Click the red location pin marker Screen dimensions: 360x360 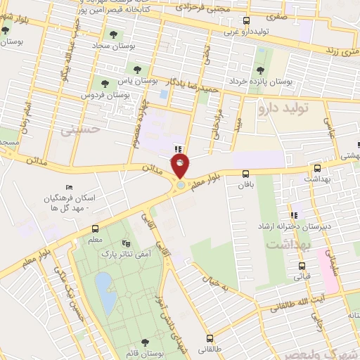(x=181, y=167)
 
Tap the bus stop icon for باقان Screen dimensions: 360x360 (x=245, y=174)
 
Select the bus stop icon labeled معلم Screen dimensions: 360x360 (x=95, y=229)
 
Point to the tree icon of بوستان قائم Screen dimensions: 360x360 (x=145, y=343)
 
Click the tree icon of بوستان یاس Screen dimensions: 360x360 (x=135, y=69)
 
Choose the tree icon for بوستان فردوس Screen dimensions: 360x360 (x=104, y=84)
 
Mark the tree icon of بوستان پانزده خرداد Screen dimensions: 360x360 (x=260, y=70)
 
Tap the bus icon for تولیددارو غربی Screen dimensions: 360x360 (x=245, y=21)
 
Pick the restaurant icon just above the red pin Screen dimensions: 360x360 (x=179, y=148)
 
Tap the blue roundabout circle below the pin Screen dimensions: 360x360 (x=181, y=185)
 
